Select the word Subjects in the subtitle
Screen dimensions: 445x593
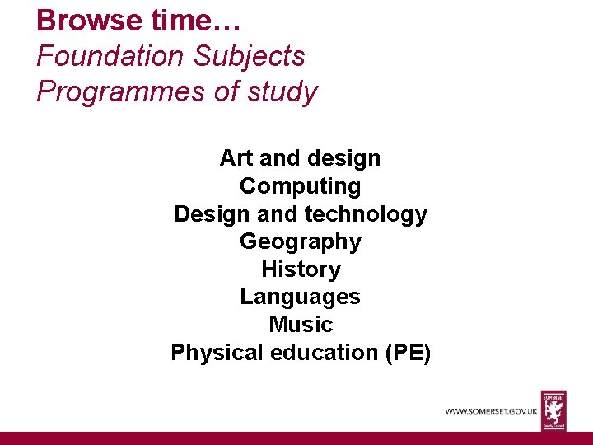pyautogui.click(x=250, y=56)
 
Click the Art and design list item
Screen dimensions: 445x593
pyautogui.click(x=300, y=157)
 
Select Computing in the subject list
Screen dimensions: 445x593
pyautogui.click(x=300, y=185)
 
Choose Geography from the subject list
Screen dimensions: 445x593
pyautogui.click(x=300, y=241)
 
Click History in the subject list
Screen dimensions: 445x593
pyautogui.click(x=300, y=269)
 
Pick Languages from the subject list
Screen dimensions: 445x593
pyautogui.click(x=300, y=297)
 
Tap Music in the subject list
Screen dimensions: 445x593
pyautogui.click(x=300, y=324)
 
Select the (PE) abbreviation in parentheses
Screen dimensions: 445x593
pyautogui.click(x=407, y=352)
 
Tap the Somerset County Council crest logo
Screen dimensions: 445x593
pyautogui.click(x=553, y=410)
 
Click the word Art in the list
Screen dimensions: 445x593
pyautogui.click(x=236, y=157)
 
